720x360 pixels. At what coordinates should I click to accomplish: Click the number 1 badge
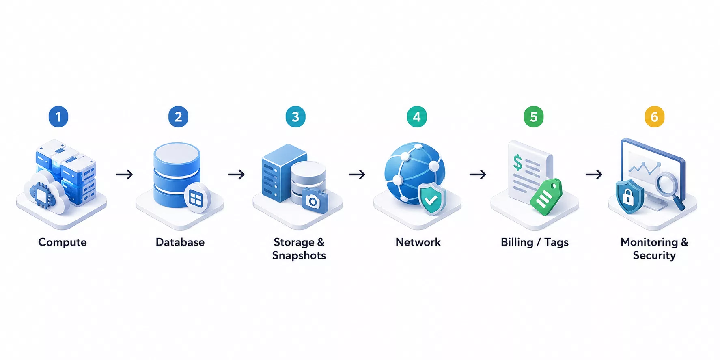(58, 117)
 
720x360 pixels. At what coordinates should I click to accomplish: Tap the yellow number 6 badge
(654, 117)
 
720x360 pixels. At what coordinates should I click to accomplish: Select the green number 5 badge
(534, 117)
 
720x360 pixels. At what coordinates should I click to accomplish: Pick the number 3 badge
(295, 117)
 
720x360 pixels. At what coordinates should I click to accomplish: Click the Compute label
(63, 242)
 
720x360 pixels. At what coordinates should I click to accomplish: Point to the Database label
(180, 242)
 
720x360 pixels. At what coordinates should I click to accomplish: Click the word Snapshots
(299, 256)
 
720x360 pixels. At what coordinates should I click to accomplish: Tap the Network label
(418, 242)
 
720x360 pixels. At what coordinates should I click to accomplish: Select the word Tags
(556, 243)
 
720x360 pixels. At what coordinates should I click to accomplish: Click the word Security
(654, 256)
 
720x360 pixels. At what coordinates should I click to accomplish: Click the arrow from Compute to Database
(125, 175)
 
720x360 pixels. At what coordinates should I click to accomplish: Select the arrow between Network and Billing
(478, 175)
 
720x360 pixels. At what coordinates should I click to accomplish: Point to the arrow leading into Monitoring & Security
(594, 175)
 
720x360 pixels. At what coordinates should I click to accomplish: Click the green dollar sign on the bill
(518, 163)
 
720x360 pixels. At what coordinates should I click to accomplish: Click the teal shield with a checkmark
(432, 199)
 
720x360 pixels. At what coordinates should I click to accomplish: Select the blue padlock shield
(629, 197)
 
